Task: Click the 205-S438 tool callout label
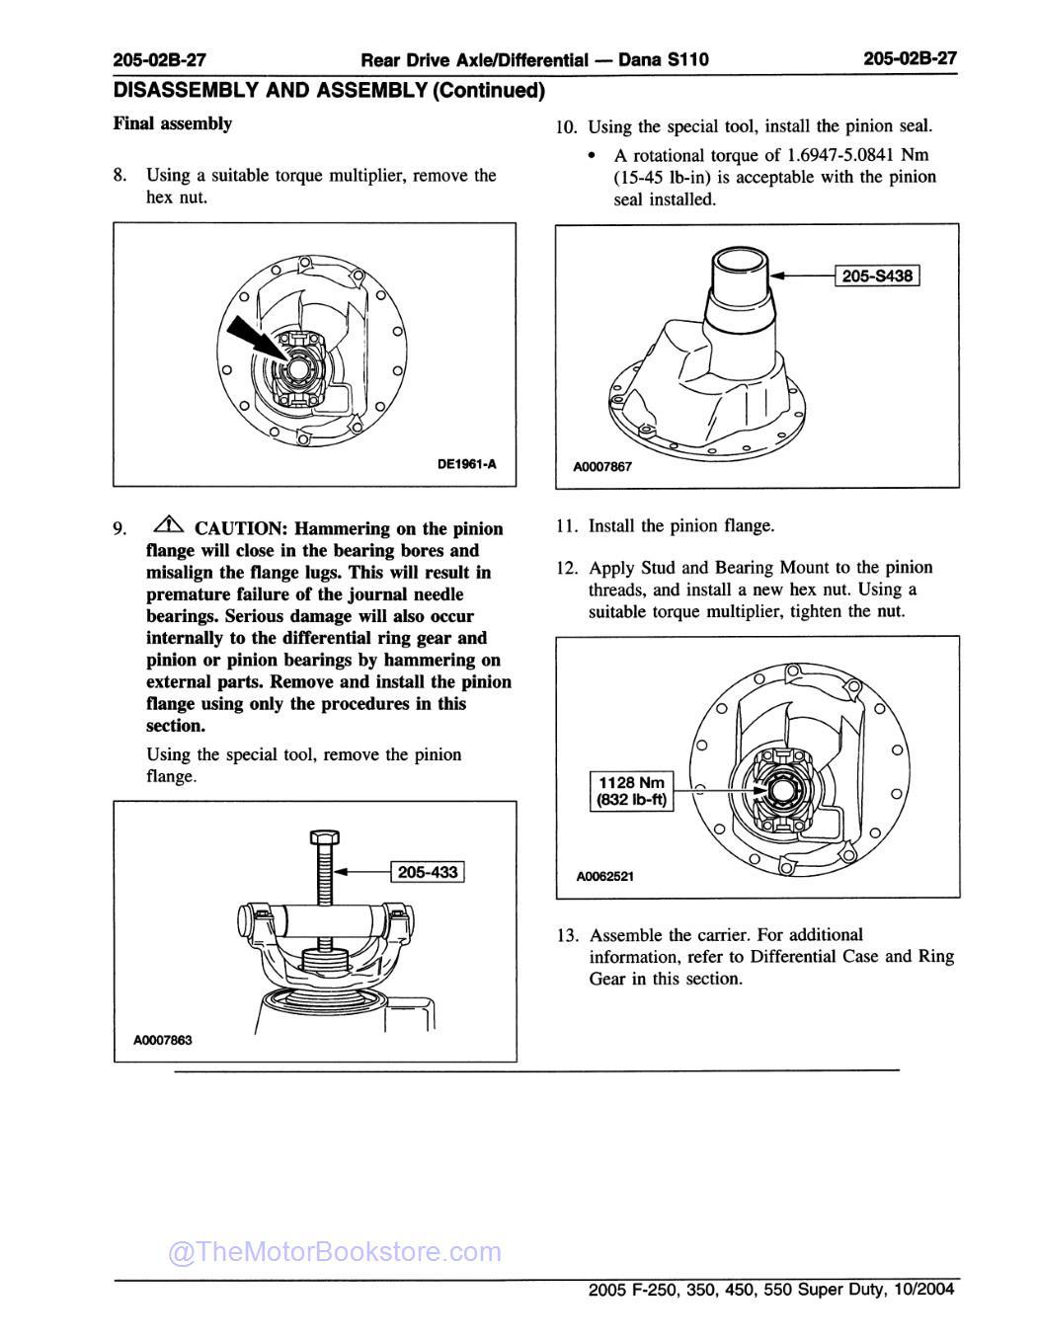(x=878, y=276)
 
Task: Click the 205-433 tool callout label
(x=428, y=872)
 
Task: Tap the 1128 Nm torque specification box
(x=631, y=791)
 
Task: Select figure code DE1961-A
(x=465, y=468)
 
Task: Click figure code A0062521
(x=605, y=876)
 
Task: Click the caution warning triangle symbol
(x=167, y=526)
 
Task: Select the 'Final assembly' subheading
(x=173, y=123)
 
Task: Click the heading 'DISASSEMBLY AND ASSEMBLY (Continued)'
(x=329, y=91)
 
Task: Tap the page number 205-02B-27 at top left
(x=160, y=59)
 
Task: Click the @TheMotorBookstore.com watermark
(x=335, y=1252)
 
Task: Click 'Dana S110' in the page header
(x=664, y=59)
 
